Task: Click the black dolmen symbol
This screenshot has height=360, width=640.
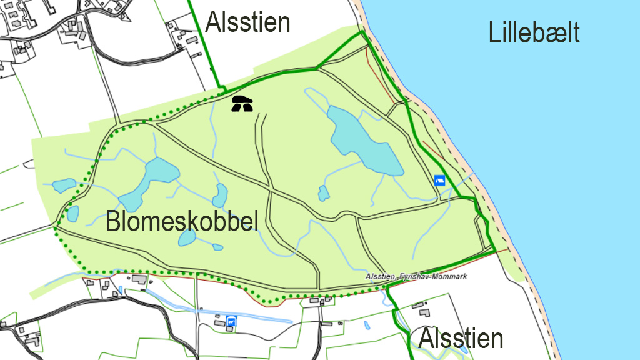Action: point(242,104)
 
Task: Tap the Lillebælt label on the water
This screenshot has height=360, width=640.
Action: point(534,33)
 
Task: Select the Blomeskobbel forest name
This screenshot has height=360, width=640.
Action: point(182,222)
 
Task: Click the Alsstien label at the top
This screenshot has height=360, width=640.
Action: point(248,22)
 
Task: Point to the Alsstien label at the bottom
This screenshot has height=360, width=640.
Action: point(461,339)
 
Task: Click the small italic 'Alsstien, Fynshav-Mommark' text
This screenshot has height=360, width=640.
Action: point(416,276)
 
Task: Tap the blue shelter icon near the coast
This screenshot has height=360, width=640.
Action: point(439,181)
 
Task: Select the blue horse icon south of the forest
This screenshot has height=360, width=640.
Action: point(232,321)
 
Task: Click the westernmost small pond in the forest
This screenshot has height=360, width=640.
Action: point(62,186)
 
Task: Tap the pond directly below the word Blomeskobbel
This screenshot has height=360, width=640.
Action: point(187,238)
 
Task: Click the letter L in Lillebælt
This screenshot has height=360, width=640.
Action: point(494,33)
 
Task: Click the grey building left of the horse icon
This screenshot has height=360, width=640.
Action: point(219,322)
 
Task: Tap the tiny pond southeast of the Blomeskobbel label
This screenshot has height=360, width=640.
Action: point(217,247)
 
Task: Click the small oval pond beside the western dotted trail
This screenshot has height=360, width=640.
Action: point(73,214)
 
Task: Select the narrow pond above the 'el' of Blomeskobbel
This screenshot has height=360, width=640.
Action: point(219,196)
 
